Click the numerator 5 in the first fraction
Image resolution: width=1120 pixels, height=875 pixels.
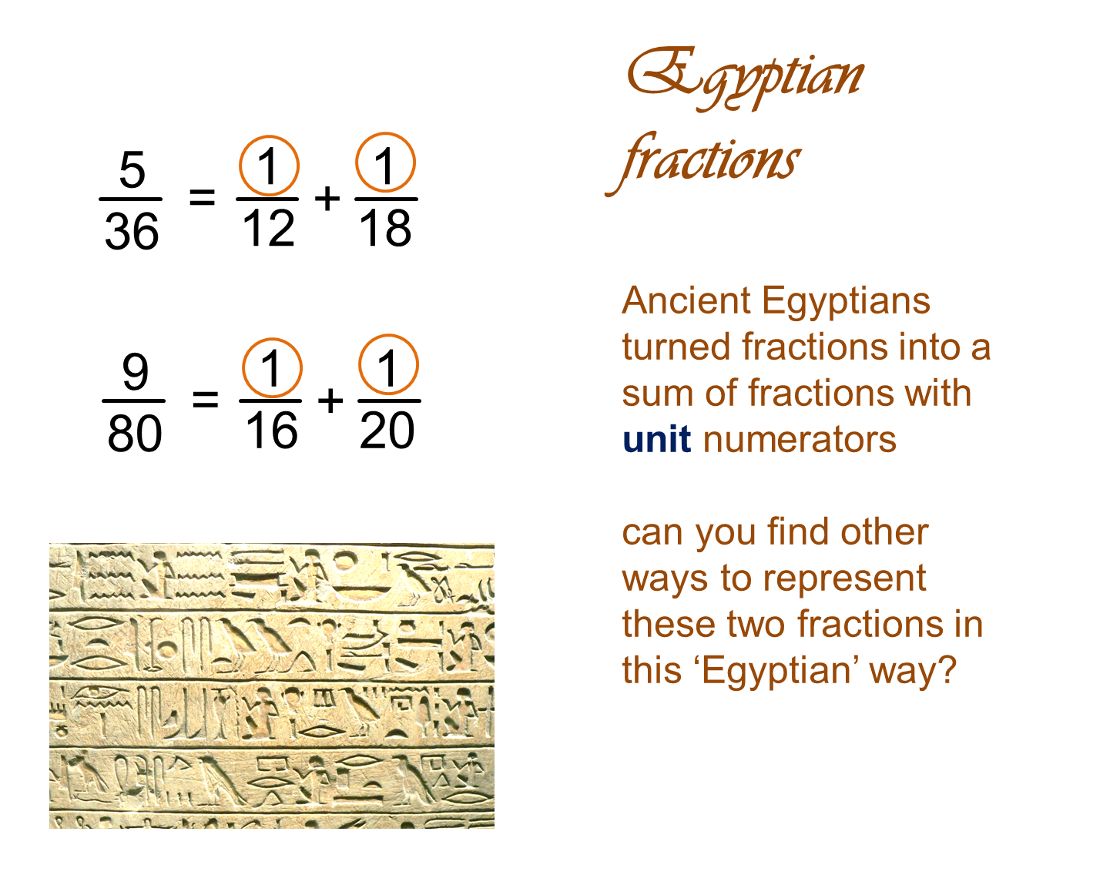[132, 170]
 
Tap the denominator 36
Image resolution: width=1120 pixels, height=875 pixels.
[132, 231]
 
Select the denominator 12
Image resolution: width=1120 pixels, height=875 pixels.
[268, 228]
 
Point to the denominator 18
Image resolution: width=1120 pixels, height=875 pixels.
[385, 228]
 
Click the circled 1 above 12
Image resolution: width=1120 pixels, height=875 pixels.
[268, 166]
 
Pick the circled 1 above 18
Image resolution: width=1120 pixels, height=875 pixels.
[385, 164]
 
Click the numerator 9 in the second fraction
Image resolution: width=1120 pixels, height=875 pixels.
[135, 372]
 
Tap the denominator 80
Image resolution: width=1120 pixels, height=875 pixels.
[135, 433]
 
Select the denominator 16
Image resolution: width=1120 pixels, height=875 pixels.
[271, 430]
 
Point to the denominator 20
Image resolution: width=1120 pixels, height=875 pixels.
[387, 430]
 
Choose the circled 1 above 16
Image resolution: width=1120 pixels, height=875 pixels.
[271, 368]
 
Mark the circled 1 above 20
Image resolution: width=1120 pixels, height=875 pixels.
[388, 366]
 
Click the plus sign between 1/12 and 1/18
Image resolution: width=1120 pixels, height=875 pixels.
[327, 198]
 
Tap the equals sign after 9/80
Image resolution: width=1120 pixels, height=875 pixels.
[205, 400]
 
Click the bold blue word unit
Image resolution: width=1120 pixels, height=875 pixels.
[656, 441]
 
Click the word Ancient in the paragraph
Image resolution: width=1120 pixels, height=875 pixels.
[686, 300]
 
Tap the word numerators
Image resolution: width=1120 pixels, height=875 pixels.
[800, 441]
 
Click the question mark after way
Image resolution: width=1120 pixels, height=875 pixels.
[947, 670]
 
